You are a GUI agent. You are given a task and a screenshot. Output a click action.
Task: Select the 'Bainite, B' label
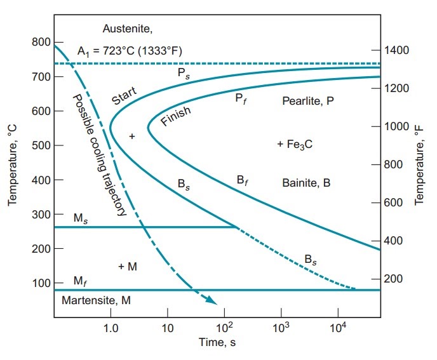(x=306, y=183)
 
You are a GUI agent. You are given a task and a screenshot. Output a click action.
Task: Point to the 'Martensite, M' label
(x=97, y=300)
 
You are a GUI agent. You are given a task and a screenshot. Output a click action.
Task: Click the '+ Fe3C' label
(x=295, y=145)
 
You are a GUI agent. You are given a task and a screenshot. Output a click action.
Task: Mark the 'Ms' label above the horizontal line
(x=80, y=218)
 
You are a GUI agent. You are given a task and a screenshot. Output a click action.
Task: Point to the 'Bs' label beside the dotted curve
(x=311, y=259)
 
